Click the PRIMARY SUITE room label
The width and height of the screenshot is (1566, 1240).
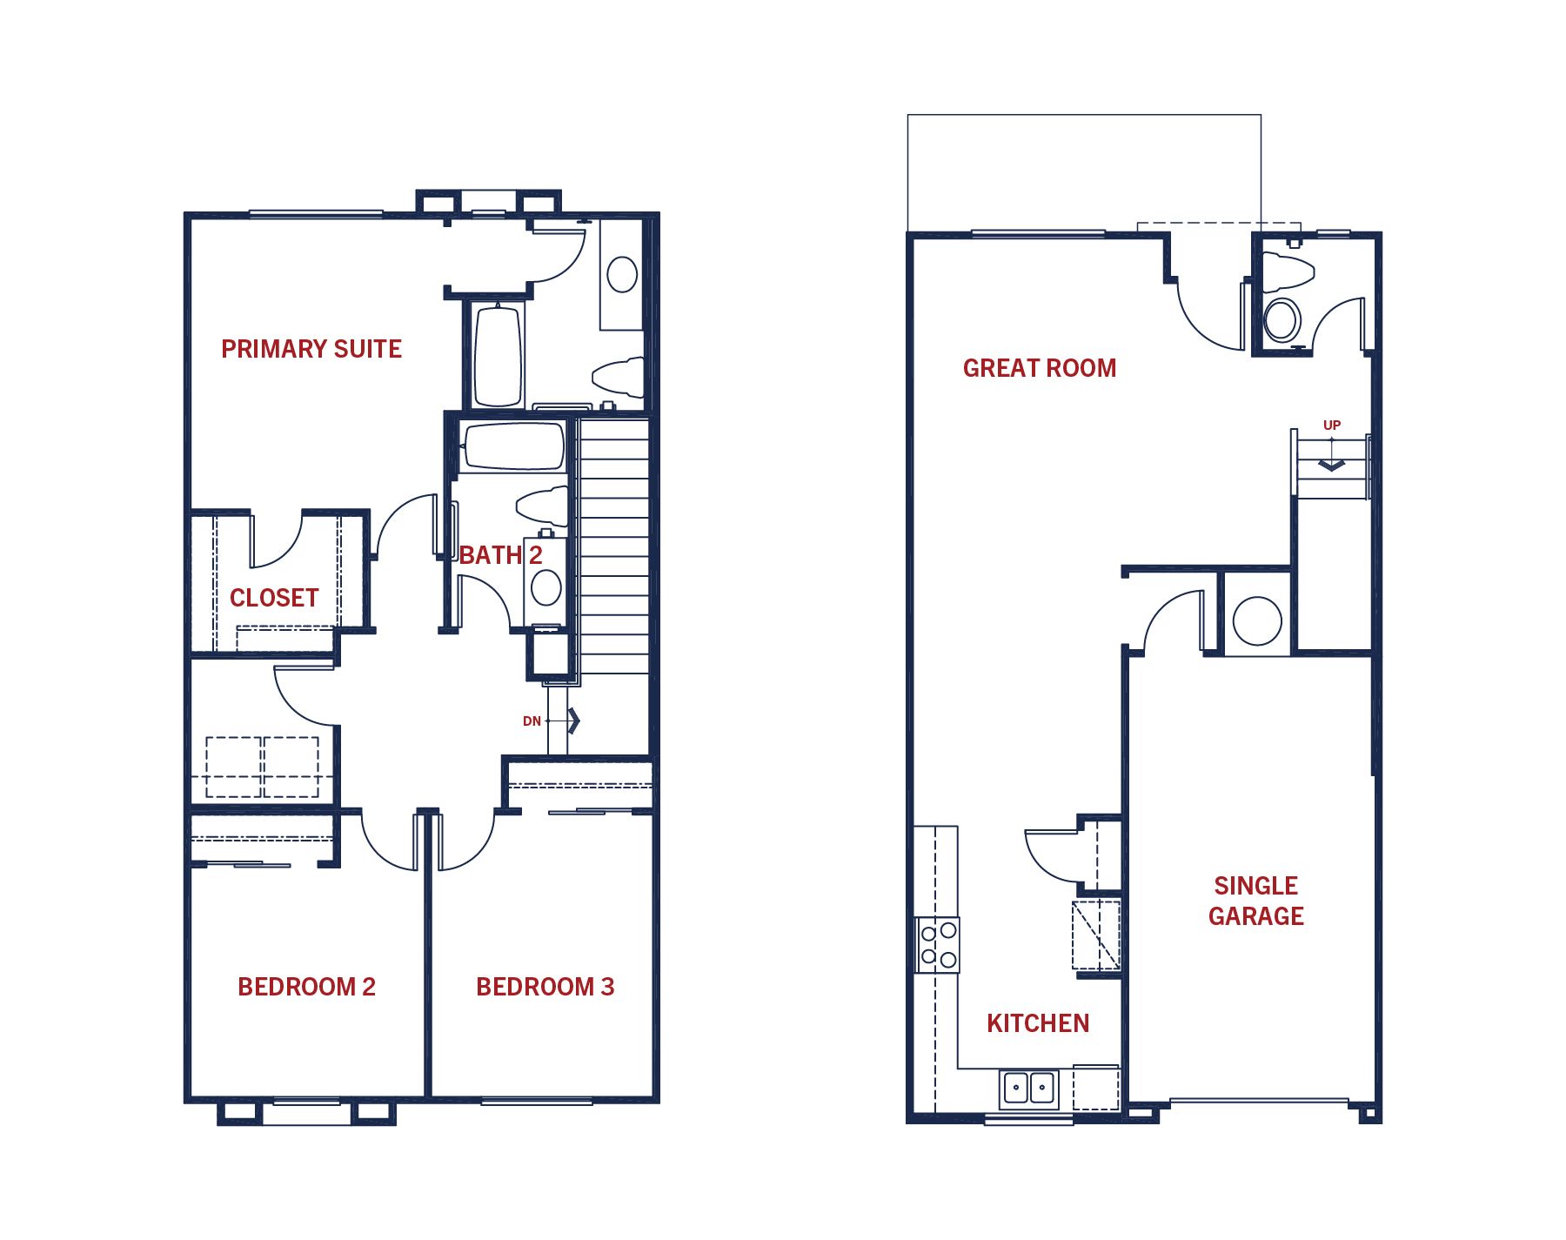pos(311,349)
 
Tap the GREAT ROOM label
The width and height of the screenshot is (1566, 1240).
pos(1040,368)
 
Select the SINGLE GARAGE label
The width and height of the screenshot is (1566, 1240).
pos(1256,901)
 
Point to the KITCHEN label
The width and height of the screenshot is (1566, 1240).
pos(1038,1023)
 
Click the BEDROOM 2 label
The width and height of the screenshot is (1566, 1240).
pos(306,987)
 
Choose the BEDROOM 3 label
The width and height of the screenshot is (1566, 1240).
pos(545,987)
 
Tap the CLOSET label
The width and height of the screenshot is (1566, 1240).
pos(274,598)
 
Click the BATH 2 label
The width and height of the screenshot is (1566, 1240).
pos(501,555)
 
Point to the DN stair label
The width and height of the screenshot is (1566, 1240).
pos(532,721)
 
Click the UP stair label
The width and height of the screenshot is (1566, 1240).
pos(1332,426)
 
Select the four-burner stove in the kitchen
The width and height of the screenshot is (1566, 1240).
pos(938,945)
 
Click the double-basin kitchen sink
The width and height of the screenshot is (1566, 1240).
pos(1028,1088)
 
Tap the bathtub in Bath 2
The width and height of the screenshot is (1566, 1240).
pos(513,447)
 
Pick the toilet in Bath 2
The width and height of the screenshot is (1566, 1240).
pos(542,506)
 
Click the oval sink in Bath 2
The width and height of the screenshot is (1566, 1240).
pos(546,587)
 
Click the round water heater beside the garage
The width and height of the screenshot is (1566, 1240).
pos(1257,621)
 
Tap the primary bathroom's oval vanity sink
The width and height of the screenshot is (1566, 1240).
pos(622,275)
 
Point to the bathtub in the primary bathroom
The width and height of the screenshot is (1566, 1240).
pos(499,355)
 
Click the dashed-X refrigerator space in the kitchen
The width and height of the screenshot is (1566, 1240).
pos(1096,935)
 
